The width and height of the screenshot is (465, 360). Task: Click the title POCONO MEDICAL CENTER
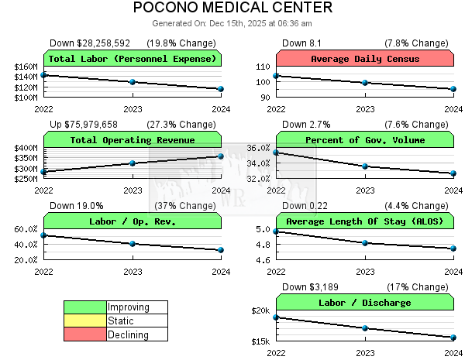click(x=232, y=9)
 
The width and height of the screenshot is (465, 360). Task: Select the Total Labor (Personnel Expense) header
click(x=133, y=59)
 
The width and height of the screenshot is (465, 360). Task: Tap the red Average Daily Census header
click(x=365, y=59)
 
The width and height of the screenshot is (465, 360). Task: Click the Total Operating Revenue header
click(x=133, y=140)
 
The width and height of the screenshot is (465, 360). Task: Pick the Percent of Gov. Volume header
click(x=365, y=140)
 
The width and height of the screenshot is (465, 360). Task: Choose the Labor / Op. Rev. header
click(x=133, y=221)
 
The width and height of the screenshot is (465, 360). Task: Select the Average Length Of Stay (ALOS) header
click(x=365, y=221)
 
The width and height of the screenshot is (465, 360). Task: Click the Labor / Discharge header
click(x=365, y=303)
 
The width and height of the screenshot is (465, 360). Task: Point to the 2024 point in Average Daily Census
click(x=453, y=89)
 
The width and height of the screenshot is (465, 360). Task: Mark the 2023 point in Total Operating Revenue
click(x=133, y=163)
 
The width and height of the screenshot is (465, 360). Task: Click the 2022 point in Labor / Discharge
click(x=277, y=317)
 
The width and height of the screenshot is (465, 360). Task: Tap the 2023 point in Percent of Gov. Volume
click(x=365, y=166)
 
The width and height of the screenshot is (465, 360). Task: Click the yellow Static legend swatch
click(x=85, y=321)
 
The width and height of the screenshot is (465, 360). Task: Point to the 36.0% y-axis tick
click(x=259, y=148)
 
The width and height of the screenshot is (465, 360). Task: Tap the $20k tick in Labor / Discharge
click(x=261, y=311)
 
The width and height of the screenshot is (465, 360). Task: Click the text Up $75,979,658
click(x=84, y=125)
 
